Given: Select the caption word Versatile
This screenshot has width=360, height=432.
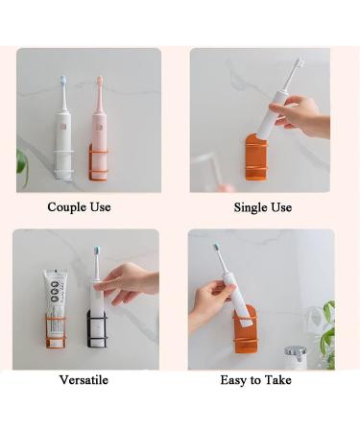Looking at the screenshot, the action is coord(84,380).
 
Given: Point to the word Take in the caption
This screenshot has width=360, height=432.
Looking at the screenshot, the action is coord(278,380).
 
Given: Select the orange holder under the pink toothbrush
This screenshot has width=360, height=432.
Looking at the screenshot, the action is coord(98,162).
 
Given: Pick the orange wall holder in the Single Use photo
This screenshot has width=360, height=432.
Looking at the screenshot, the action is coord(256,158).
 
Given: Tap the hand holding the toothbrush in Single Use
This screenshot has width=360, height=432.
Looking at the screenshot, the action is coord(300,115).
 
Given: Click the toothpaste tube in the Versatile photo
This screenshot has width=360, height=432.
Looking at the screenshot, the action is coord(55,307).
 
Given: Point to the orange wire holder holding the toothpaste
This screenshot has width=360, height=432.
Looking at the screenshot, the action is coord(56,330).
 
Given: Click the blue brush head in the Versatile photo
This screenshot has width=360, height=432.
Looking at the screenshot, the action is coord(96,251).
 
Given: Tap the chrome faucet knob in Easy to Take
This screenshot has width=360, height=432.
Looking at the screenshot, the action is coord(295,351).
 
